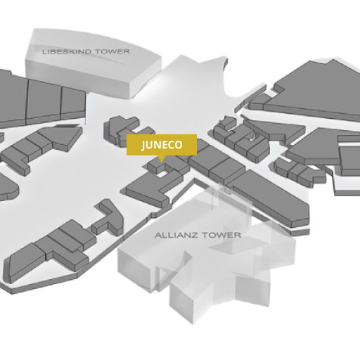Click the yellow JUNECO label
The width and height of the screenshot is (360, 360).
tap(162, 145)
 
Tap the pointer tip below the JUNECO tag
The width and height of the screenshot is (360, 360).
tap(161, 162)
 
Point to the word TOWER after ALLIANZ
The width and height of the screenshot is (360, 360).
tap(221, 235)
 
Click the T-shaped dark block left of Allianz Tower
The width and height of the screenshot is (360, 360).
tap(108, 217)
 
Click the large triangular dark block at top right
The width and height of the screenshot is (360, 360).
tap(314, 89)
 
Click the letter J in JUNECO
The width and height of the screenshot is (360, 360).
tap(143, 146)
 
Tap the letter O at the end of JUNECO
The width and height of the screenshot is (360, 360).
tap(178, 145)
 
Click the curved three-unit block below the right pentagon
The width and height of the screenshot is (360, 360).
tap(297, 171)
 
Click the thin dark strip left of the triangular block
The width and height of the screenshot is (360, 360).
tap(250, 99)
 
